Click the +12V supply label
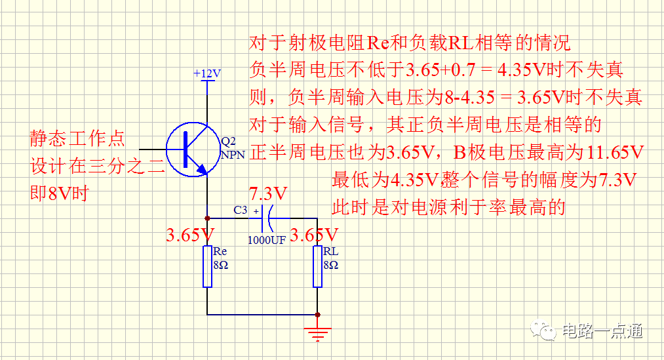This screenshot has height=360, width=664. point(207,73)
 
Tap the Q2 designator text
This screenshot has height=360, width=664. point(229,142)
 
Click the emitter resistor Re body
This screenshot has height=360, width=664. point(208,266)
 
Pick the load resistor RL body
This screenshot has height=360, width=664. point(318,266)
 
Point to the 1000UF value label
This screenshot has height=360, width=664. point(266,240)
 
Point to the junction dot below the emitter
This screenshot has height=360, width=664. point(208,218)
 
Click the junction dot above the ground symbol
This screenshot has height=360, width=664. point(318,315)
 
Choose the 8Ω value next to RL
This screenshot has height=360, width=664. point(330,265)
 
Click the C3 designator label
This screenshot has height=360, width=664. point(241,210)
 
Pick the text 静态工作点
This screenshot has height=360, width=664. point(77,139)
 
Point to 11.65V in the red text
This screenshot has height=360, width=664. point(613,152)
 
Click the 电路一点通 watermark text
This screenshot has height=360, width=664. point(602,331)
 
